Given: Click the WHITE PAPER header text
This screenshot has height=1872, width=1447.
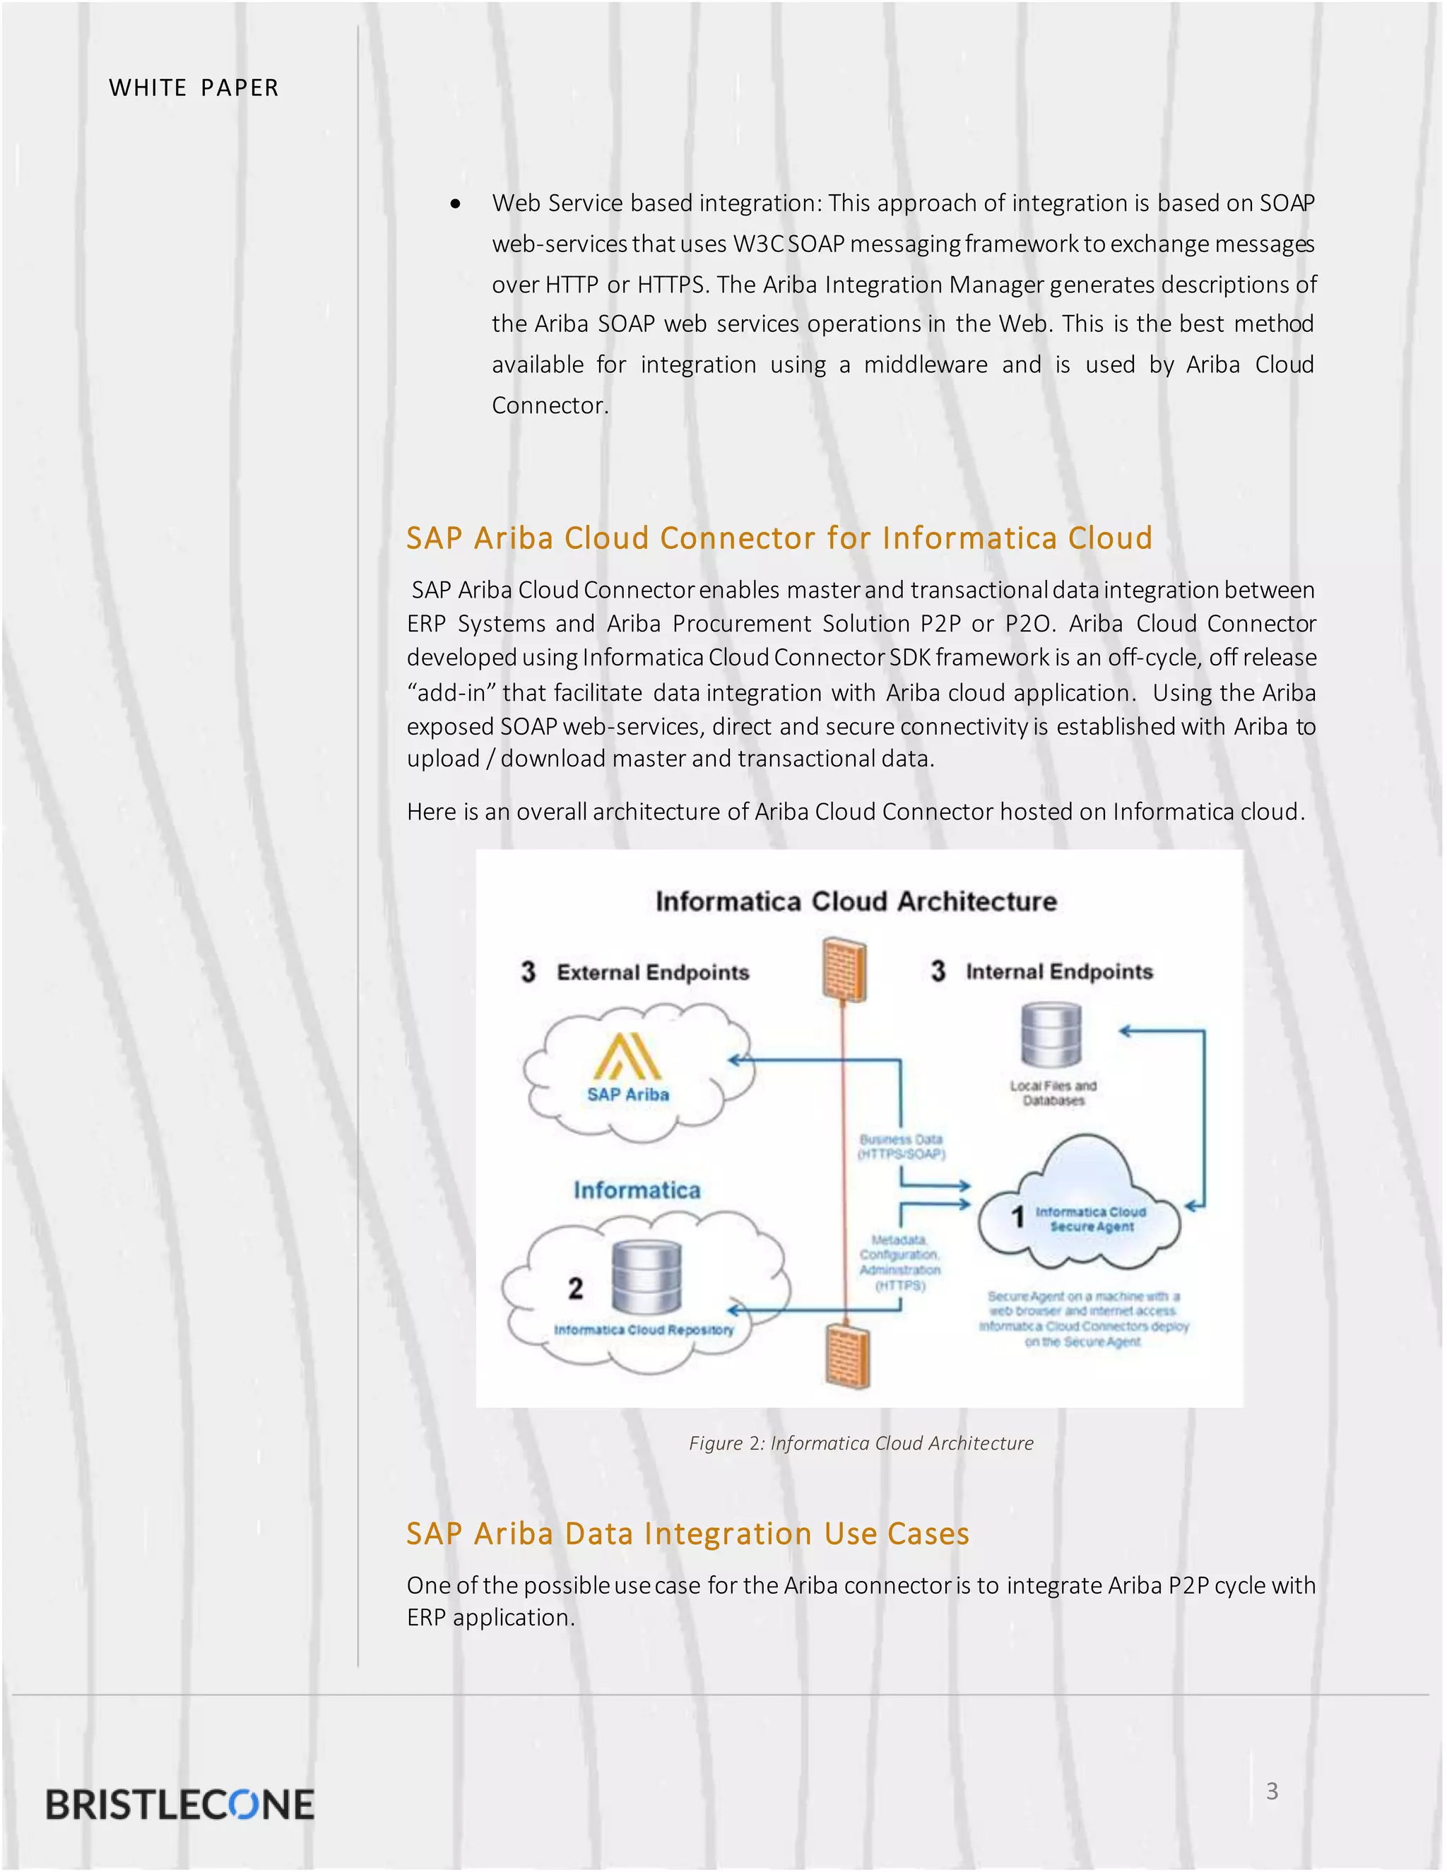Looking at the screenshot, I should coord(194,88).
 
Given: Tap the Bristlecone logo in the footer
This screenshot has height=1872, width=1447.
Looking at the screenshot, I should coord(180,1804).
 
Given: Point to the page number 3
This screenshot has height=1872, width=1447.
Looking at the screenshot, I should coord(1272,1791).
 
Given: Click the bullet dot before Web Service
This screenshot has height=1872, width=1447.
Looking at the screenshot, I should coord(455,204).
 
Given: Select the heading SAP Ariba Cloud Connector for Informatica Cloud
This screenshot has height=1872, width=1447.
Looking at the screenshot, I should coord(779,538).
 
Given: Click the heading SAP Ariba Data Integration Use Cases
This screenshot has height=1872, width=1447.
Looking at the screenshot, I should coord(687,1533).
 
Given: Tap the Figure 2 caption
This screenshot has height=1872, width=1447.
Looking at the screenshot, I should coord(861,1442).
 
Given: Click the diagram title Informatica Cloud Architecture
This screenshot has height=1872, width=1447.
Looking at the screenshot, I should coord(856,901).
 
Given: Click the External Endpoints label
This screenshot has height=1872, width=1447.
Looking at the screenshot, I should coord(652,972).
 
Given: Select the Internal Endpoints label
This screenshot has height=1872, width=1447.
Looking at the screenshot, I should coord(1058,971).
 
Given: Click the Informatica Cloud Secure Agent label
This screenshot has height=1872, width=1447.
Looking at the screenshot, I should coord(1090,1219).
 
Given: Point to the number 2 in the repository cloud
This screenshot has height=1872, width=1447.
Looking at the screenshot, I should coord(575,1289).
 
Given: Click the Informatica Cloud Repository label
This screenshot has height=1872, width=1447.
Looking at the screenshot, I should coord(644,1329).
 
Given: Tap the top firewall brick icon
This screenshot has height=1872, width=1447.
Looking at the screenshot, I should coord(844,968).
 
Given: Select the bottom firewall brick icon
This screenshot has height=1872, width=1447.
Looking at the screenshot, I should coord(847,1355).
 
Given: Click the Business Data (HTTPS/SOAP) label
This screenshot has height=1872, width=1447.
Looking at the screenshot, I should coord(901,1147).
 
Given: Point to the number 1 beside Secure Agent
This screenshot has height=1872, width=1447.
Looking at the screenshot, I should coord(1017,1216).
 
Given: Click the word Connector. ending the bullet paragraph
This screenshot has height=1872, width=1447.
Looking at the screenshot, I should coord(550,405).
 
